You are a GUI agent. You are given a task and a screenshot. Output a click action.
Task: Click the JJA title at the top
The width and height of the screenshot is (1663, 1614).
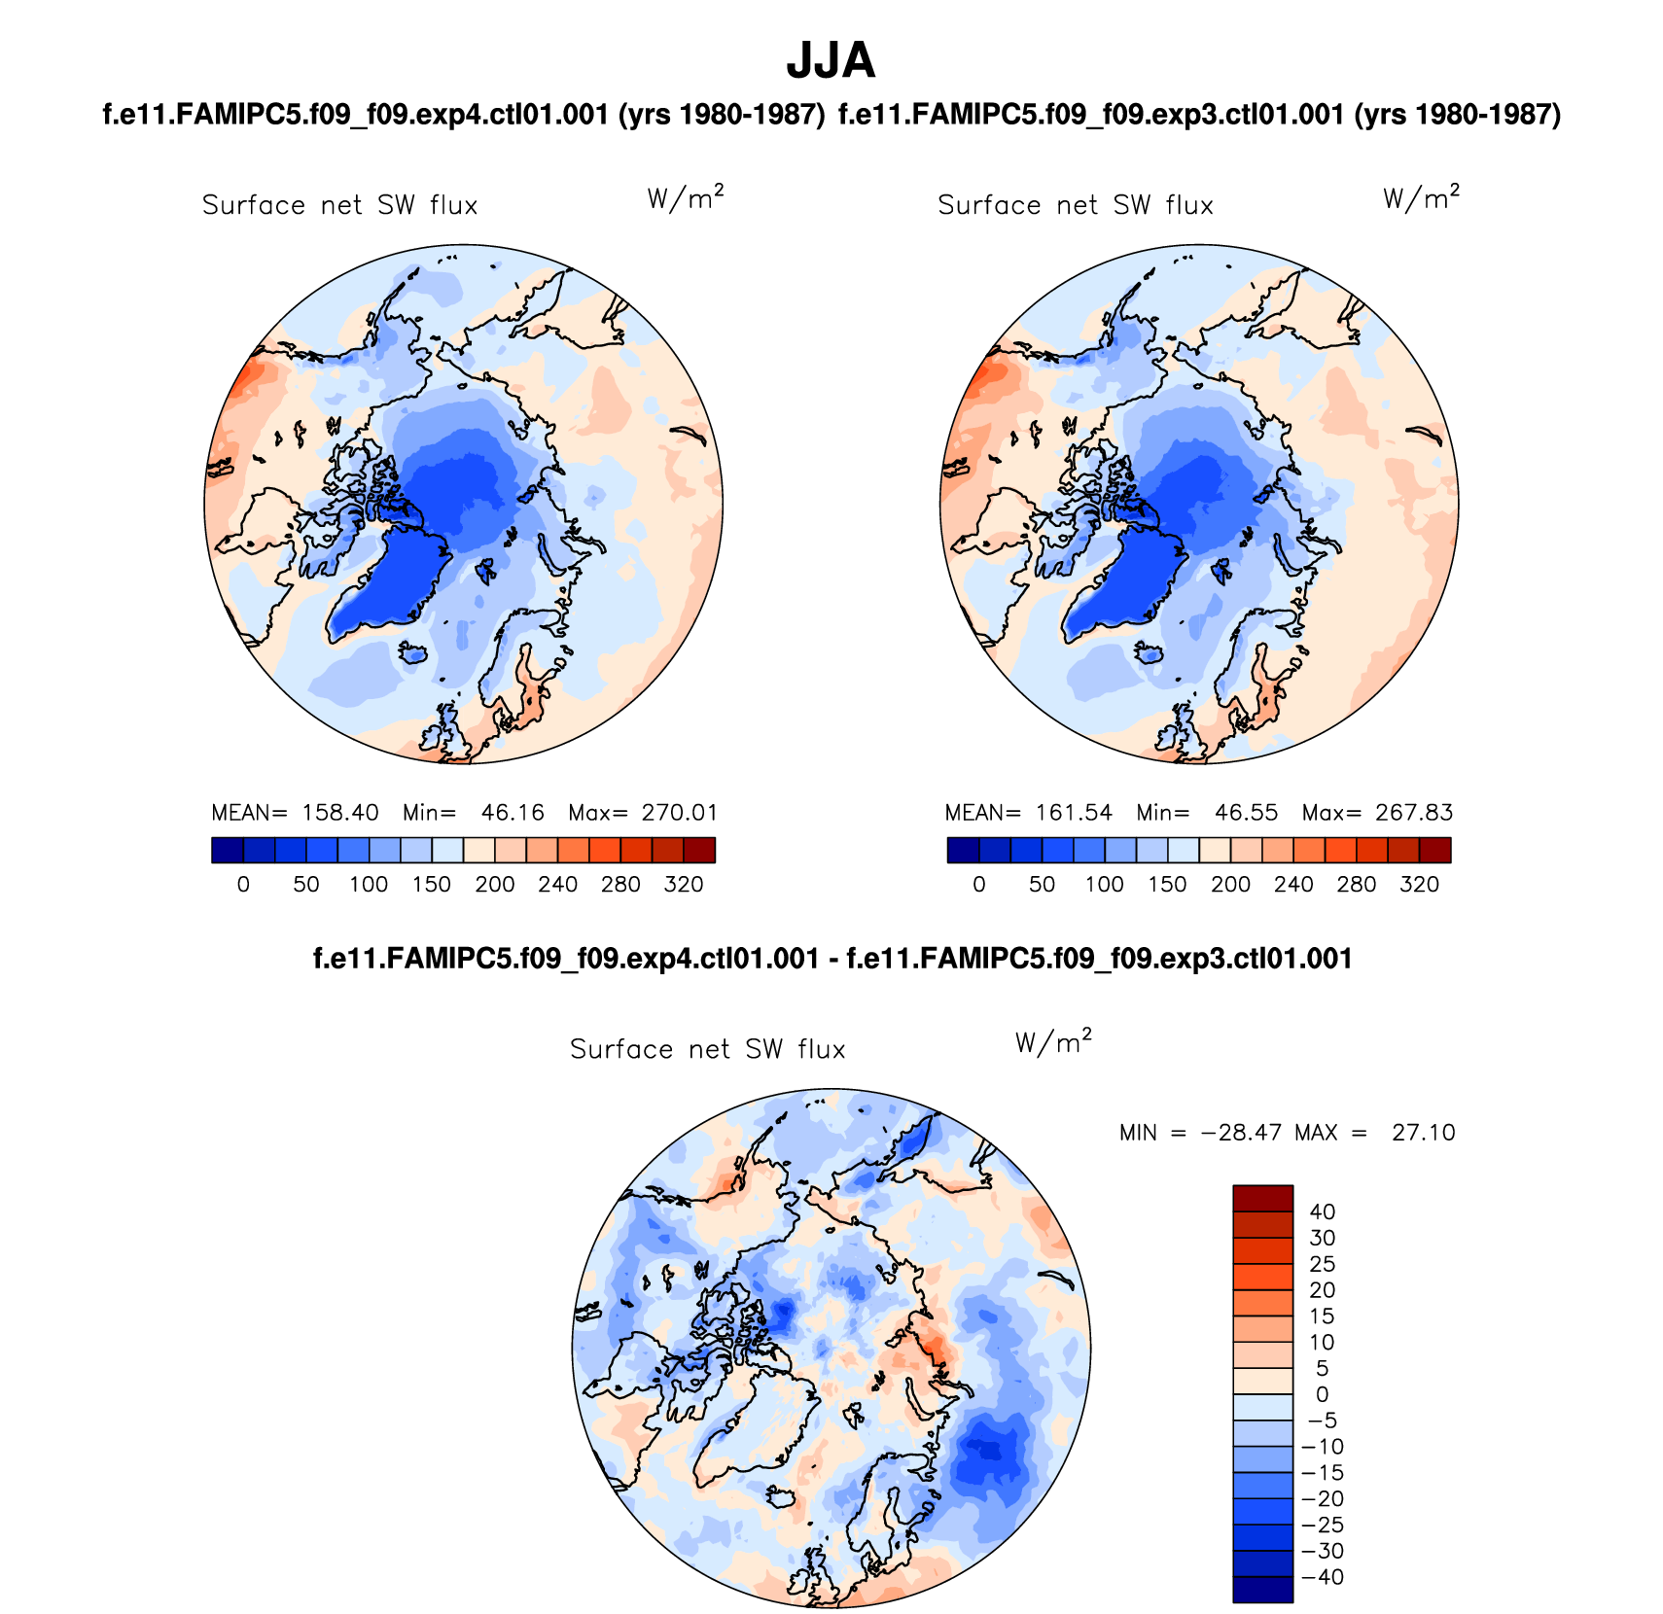click(831, 60)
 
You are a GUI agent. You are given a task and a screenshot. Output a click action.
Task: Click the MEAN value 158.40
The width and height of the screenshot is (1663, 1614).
click(340, 813)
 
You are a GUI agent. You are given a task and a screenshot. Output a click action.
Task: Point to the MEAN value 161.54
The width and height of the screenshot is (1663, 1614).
click(1074, 813)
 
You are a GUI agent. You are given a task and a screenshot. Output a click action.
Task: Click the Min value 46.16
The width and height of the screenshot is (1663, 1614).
click(513, 813)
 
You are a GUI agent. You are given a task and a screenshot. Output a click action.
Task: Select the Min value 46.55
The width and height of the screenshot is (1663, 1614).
click(1246, 813)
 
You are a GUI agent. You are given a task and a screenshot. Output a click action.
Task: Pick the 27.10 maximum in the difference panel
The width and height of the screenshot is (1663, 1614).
click(1423, 1133)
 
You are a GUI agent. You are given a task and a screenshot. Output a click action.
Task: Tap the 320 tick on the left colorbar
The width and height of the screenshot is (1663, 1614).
click(684, 885)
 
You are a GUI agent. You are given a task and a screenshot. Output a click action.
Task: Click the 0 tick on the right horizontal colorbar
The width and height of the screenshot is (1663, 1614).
click(979, 885)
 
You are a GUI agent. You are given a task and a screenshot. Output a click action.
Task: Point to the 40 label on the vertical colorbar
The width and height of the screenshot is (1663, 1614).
click(1322, 1212)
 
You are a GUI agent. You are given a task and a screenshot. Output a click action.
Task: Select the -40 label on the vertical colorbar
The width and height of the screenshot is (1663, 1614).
click(1322, 1577)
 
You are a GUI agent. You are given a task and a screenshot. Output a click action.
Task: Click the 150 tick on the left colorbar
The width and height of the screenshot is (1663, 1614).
click(432, 885)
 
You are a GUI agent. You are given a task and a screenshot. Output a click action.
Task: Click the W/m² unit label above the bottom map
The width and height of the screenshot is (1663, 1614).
click(1053, 1042)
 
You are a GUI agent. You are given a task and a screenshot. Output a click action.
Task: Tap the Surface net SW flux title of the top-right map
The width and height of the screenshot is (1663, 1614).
click(1076, 205)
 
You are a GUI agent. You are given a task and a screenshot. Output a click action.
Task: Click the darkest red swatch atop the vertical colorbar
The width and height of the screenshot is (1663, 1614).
click(1262, 1198)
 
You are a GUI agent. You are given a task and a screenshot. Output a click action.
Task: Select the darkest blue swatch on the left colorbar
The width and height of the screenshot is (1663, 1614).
click(228, 851)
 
